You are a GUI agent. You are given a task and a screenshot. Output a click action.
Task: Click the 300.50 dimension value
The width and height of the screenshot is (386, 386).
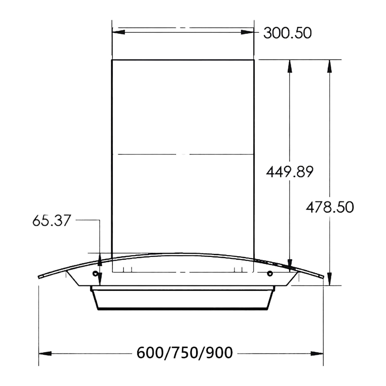287,33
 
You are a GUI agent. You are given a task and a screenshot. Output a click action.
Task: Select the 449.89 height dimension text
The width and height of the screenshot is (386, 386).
289,172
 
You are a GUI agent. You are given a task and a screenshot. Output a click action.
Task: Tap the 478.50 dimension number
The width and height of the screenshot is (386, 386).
330,207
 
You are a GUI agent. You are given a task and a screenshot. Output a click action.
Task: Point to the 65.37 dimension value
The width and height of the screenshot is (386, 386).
51,221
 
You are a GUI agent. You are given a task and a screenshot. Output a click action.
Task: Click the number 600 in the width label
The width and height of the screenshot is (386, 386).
150,353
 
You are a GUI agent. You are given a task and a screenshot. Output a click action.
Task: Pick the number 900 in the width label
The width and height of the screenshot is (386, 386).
220,353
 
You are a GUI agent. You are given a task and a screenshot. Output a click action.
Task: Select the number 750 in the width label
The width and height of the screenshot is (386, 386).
185,353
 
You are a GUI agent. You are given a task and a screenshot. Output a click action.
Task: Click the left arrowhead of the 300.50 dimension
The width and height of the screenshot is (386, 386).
118,32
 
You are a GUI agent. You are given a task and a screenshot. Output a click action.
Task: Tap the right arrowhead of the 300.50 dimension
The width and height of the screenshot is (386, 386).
248,32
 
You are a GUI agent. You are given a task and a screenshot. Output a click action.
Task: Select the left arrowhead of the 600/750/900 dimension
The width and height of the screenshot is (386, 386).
45,354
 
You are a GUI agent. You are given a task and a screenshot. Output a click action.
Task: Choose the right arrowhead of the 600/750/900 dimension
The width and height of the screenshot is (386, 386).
317,354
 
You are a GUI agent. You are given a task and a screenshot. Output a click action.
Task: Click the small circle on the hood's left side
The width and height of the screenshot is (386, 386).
95,274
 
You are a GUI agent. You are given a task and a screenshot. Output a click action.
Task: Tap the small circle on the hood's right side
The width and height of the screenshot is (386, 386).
269,274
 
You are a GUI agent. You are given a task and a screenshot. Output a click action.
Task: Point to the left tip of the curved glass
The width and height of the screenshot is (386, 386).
39,277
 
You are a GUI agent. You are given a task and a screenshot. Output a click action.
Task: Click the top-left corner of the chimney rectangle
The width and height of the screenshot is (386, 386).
112,60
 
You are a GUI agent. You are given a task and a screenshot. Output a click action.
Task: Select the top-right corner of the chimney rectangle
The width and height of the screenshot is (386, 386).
254,60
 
